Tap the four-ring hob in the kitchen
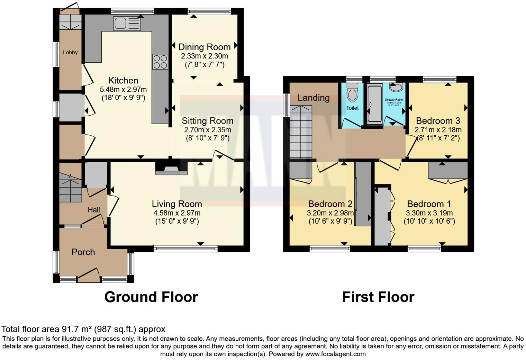pyautogui.click(x=160, y=62)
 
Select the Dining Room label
pyautogui.click(x=205, y=47)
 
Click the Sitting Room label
pyautogui.click(x=208, y=121)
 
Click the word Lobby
pyautogui.click(x=70, y=52)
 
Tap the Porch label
pyautogui.click(x=83, y=252)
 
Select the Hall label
pyautogui.click(x=94, y=210)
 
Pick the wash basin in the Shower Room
pyautogui.click(x=397, y=87)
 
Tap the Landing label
pyautogui.click(x=314, y=98)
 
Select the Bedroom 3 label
pyautogui.click(x=438, y=121)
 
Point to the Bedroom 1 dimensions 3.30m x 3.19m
pyautogui.click(x=429, y=213)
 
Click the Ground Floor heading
pyautogui.click(x=151, y=297)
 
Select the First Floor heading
pyautogui.click(x=378, y=297)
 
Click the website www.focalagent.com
pyautogui.click(x=335, y=354)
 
